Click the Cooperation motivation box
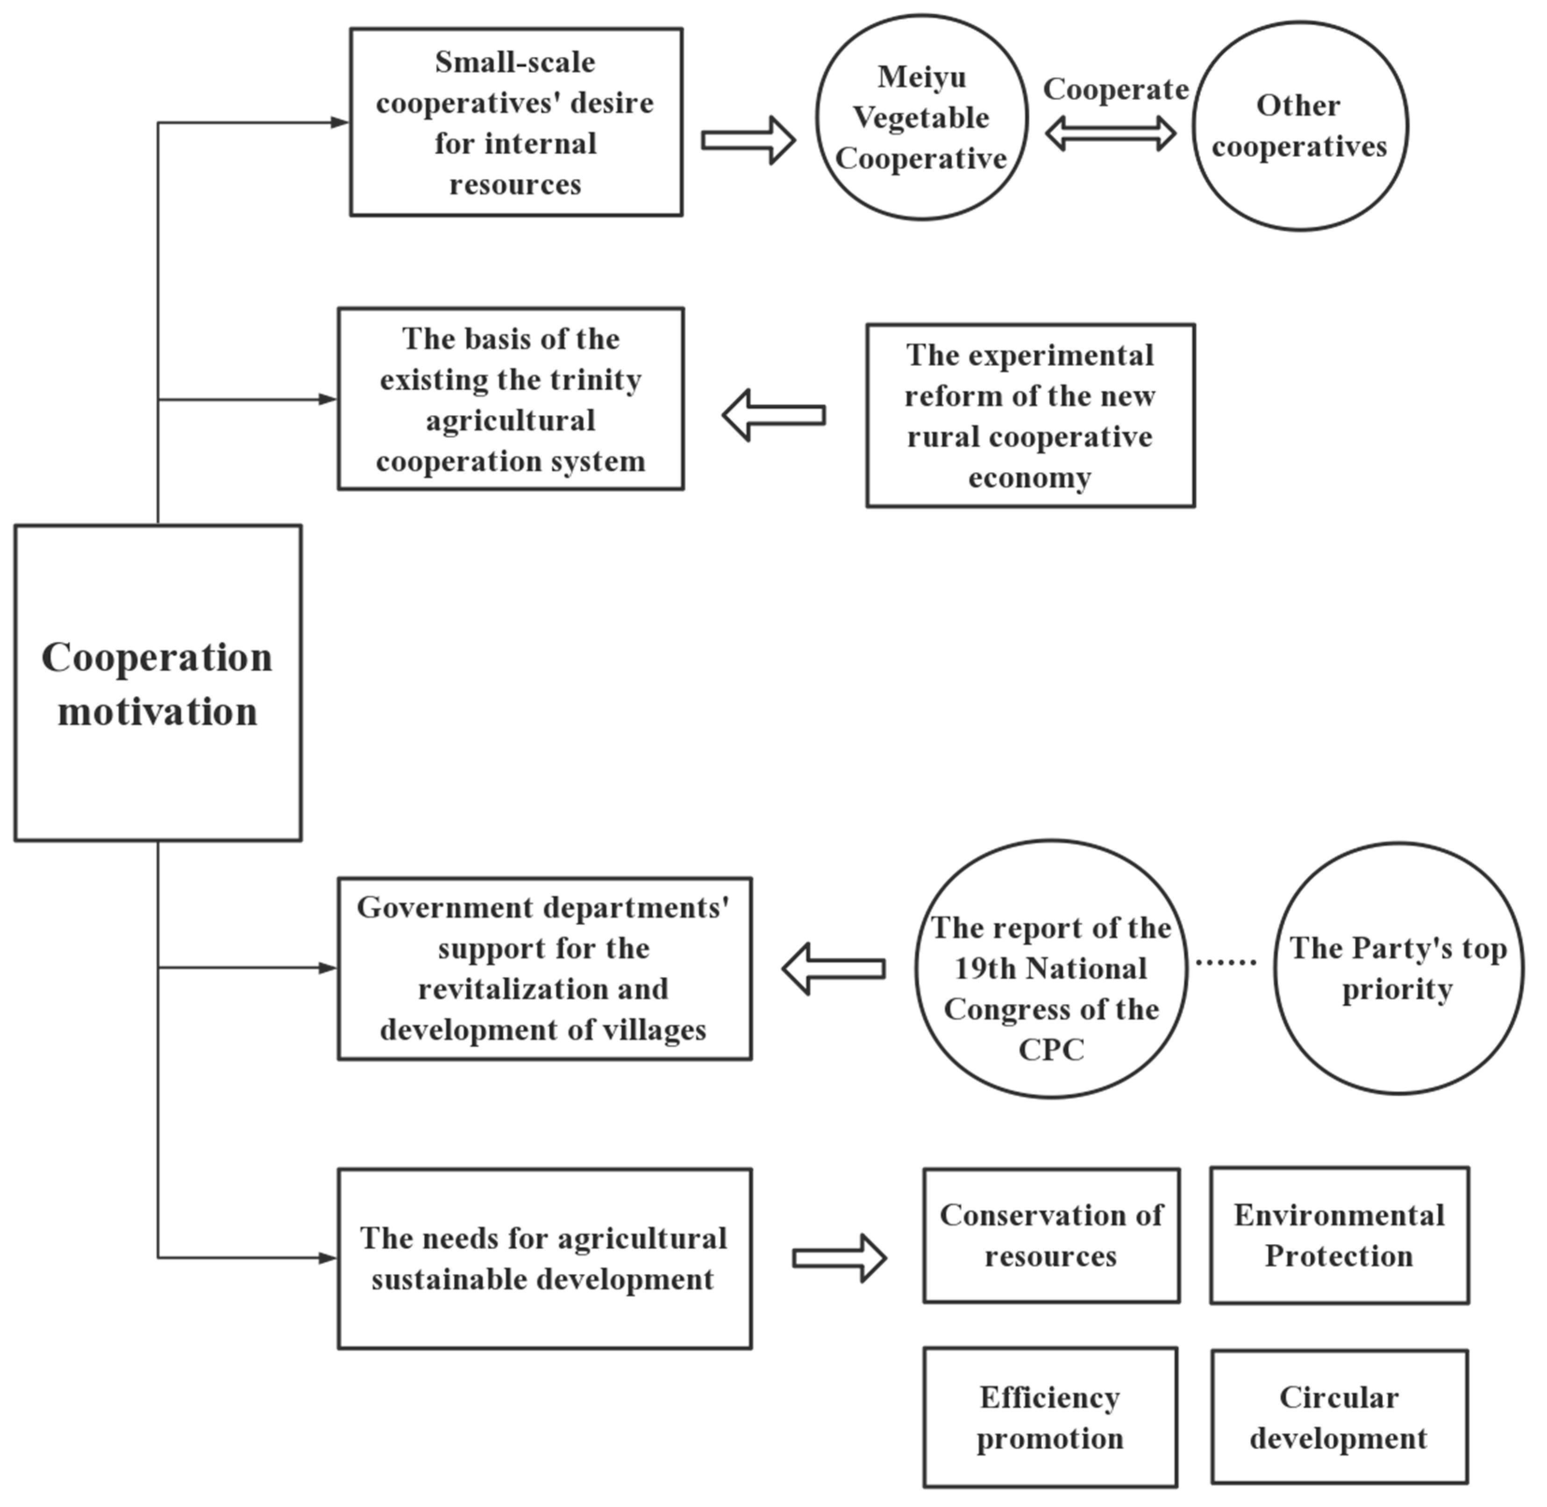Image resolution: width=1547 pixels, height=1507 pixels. point(157,682)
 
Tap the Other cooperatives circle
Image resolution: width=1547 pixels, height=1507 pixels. point(1299,126)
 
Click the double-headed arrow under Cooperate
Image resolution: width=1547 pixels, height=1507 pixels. point(1110,133)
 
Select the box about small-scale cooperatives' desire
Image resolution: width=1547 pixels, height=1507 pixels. point(516,122)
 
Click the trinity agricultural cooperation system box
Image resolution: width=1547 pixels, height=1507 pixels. point(511,399)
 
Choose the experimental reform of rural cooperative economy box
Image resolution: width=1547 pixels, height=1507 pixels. point(1030,416)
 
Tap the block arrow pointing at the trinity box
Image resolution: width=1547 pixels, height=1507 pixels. point(774,415)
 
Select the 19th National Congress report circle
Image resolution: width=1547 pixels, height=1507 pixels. point(1051,969)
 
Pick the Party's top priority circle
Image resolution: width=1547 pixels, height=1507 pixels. point(1398,968)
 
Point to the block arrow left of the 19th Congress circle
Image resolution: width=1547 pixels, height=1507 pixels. point(833,969)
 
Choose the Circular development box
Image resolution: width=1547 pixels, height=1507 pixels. point(1339,1417)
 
